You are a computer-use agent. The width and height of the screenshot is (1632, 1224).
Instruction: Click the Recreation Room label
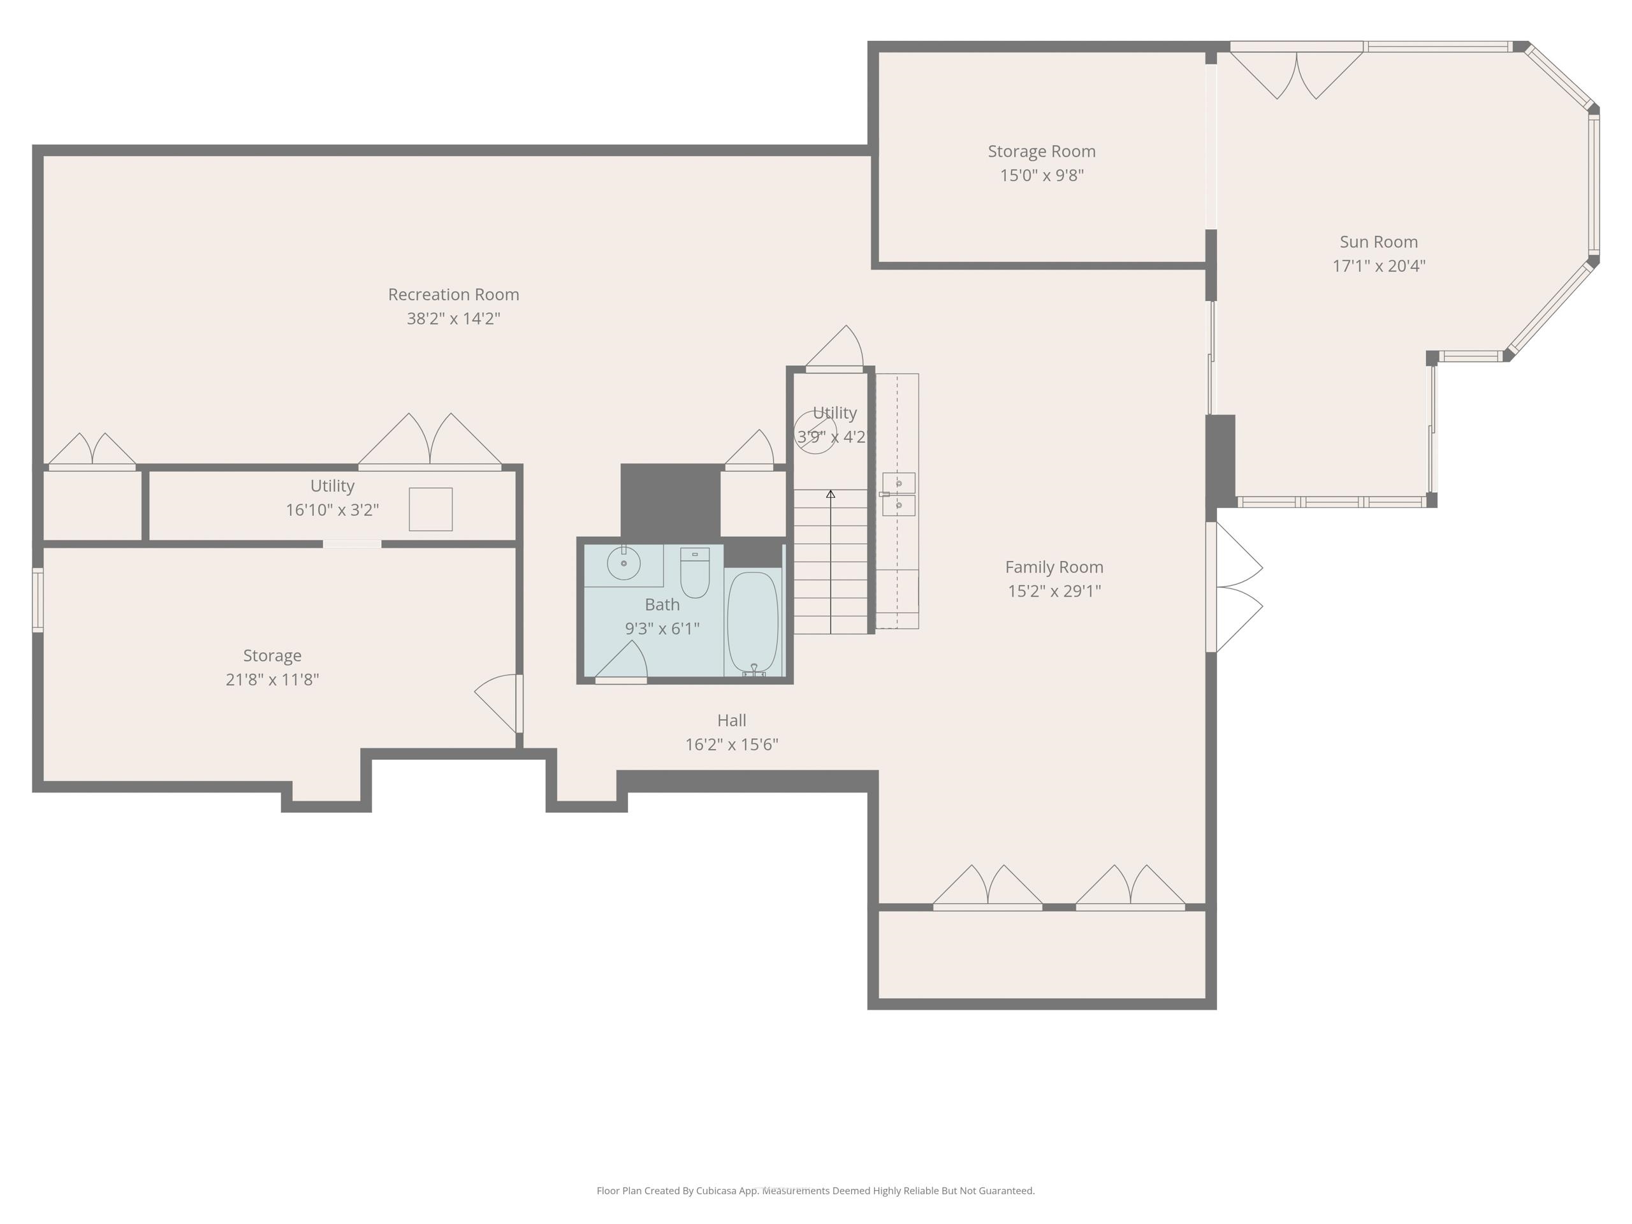point(453,295)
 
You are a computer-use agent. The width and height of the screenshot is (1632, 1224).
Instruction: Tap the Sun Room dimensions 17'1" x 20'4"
point(1378,266)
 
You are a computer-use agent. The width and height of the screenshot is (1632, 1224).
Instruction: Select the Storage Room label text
point(1041,151)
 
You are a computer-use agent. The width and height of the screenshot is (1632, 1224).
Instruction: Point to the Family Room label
point(1054,567)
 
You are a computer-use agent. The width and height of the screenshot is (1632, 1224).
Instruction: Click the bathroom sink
point(623,564)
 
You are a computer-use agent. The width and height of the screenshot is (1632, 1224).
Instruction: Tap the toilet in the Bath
point(694,572)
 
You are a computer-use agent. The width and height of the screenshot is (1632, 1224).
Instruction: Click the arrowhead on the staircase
point(831,493)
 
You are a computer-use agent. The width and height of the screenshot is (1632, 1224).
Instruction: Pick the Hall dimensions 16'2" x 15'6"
point(731,745)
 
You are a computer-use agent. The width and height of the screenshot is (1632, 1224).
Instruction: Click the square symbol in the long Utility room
point(431,509)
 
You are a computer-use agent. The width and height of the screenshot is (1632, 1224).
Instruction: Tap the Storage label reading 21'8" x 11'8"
point(272,680)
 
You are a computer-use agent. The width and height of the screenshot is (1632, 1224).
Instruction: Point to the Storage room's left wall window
point(38,600)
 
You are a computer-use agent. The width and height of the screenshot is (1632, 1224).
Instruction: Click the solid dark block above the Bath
point(670,501)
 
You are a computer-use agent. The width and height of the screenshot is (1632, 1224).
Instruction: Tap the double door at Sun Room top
point(1296,71)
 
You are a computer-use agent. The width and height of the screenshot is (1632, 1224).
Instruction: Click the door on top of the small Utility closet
point(834,348)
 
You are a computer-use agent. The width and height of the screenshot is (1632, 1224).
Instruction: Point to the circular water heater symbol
point(815,432)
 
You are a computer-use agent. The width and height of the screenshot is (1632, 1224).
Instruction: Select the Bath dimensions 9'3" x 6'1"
point(662,629)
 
